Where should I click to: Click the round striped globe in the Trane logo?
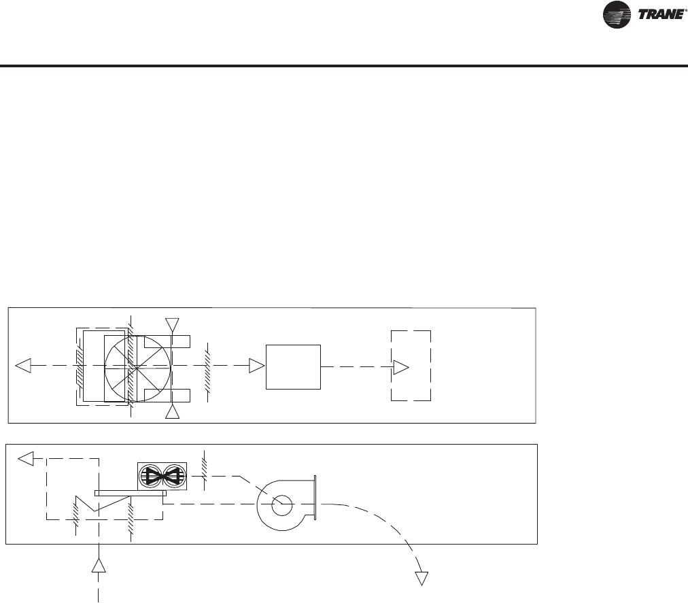617,15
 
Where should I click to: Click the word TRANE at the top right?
661,14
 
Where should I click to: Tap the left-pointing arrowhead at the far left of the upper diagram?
23,366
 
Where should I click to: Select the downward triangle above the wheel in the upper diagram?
172,325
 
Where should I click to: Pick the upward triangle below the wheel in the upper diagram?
172,412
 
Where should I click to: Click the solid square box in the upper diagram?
293,367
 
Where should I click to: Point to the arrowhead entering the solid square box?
257,366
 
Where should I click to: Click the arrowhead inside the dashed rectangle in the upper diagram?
401,367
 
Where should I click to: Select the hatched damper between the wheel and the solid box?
207,373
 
